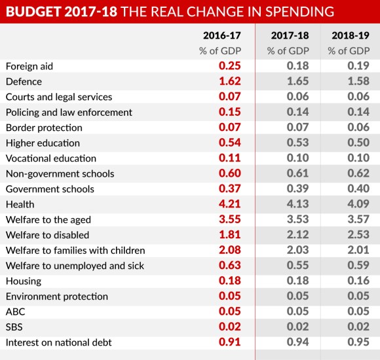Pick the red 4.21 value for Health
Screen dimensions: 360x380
coord(229,204)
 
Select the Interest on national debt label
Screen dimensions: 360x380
coord(58,342)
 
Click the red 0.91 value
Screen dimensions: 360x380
coord(229,342)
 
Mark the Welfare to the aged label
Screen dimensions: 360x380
coord(48,219)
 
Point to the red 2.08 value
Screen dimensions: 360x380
coord(229,250)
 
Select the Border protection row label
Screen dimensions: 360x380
coord(43,128)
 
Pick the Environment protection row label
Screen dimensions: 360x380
coord(56,297)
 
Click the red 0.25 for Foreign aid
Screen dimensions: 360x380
coord(229,66)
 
